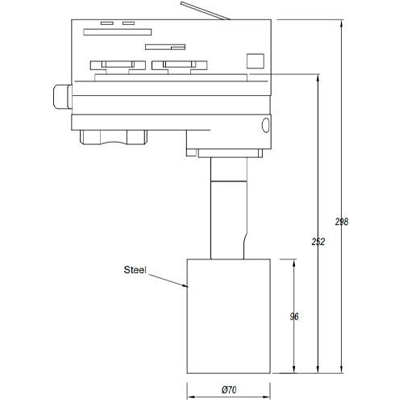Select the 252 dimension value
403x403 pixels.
pyautogui.click(x=318, y=242)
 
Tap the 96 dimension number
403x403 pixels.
pyautogui.click(x=293, y=317)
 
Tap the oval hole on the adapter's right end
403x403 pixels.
pyautogui.click(x=265, y=125)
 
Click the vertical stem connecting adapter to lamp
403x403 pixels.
pyautogui.click(x=226, y=210)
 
